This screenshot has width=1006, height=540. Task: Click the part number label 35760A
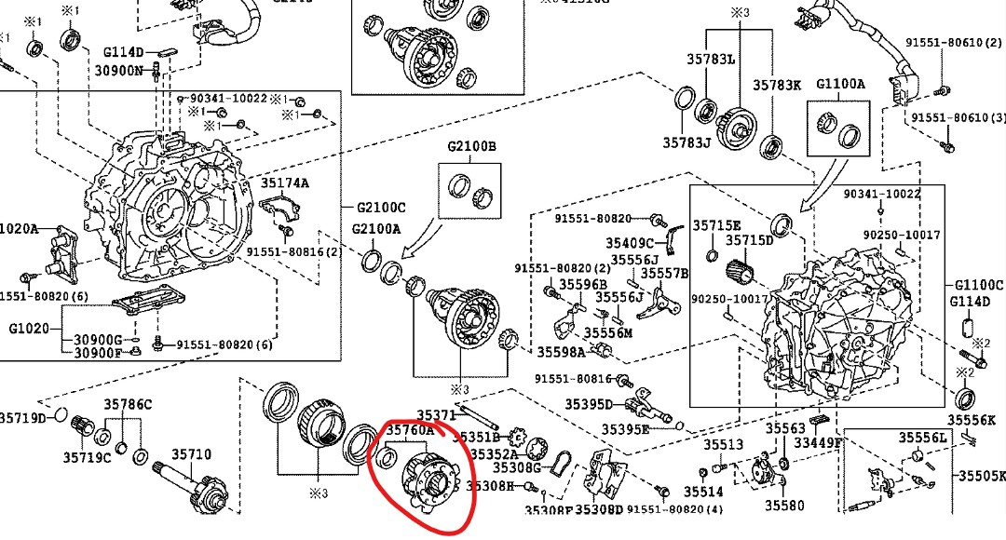point(411,431)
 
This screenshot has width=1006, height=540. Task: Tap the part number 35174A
point(284,183)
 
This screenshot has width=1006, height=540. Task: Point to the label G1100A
point(841,84)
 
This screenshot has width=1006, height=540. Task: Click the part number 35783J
point(687,142)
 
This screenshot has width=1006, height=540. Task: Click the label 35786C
point(128,404)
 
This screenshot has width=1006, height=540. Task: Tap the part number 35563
point(785,428)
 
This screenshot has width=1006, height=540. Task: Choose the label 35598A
point(561,352)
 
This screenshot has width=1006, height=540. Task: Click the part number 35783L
point(711,59)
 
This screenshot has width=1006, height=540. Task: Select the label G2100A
point(376,229)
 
